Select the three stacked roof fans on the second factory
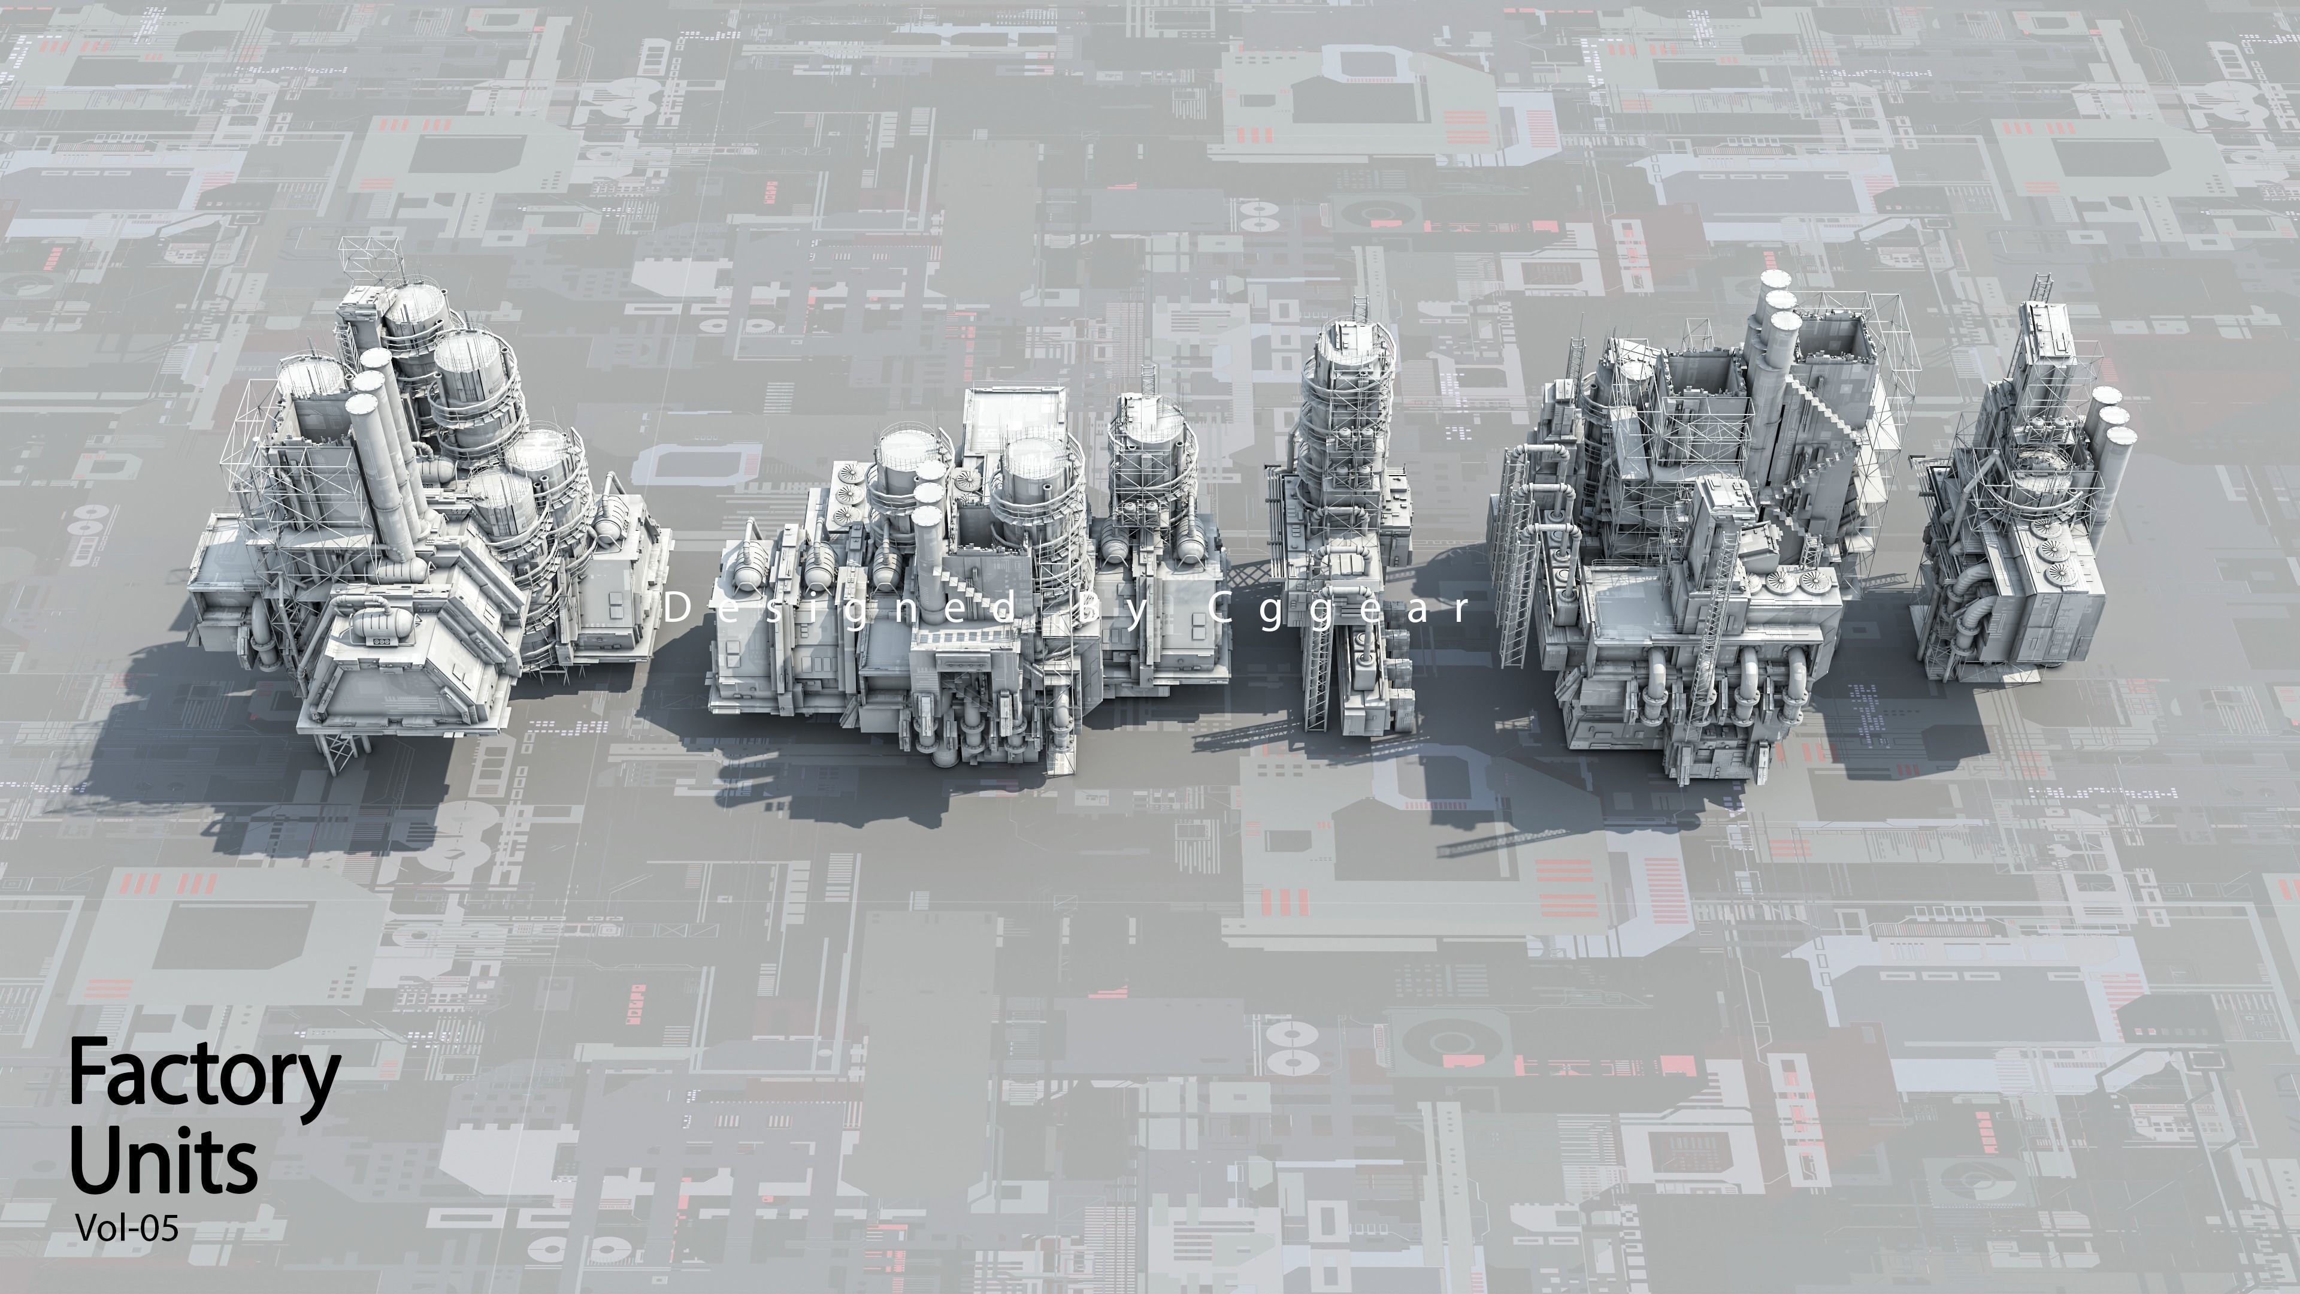pos(844,500)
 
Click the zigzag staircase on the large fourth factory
pos(1821,446)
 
